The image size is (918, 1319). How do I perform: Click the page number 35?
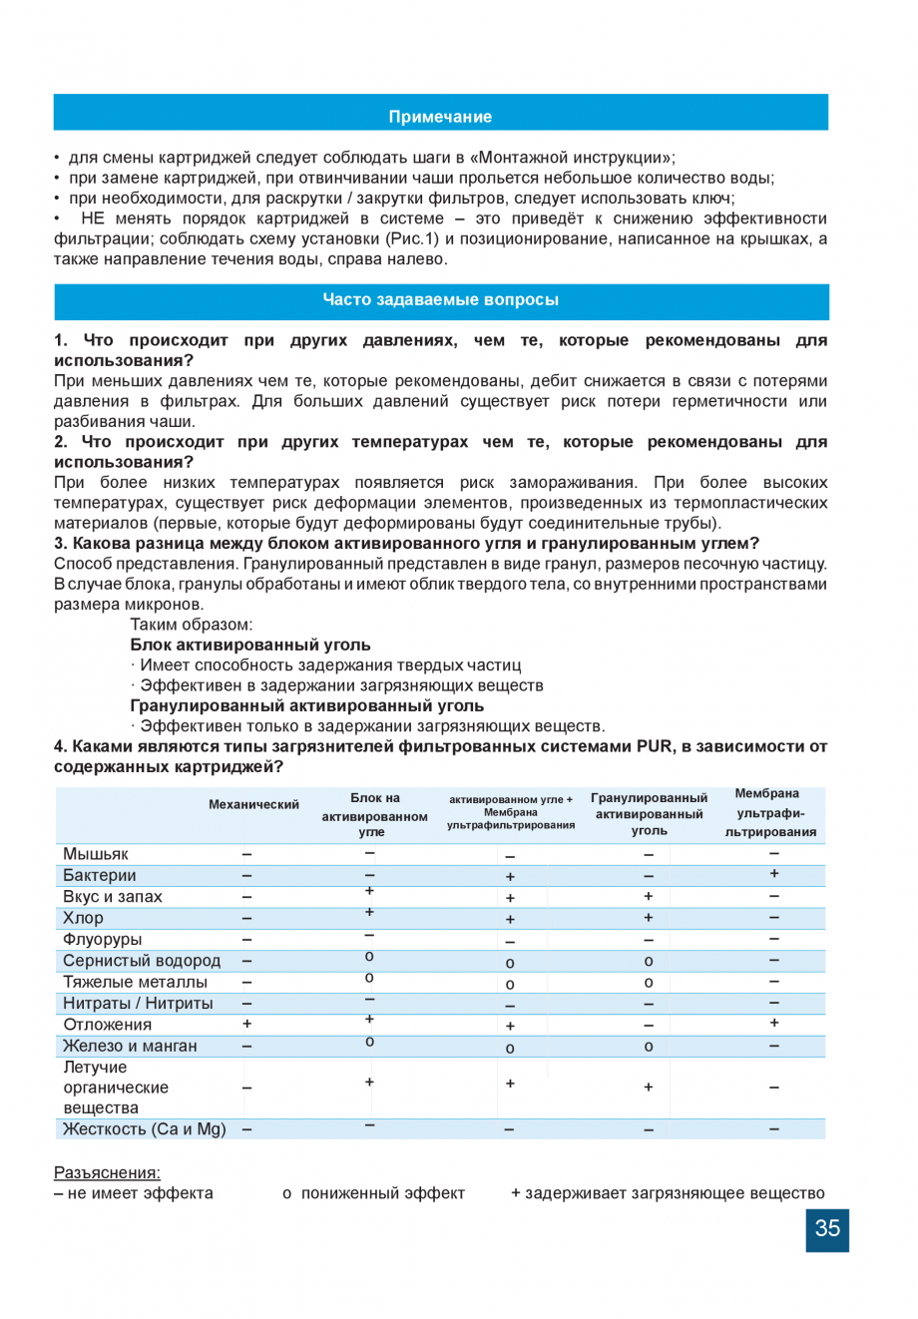(827, 1228)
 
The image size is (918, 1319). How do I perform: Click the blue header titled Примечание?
(440, 117)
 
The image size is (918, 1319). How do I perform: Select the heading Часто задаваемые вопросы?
(440, 299)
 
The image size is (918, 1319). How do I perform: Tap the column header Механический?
(253, 805)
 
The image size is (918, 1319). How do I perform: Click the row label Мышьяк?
(96, 854)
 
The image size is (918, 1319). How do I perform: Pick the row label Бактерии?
(100, 875)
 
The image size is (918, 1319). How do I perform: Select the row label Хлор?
(83, 918)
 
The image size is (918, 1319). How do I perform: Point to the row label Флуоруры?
(103, 939)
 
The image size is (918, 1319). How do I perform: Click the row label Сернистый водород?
(142, 961)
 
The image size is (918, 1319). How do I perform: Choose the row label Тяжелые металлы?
(136, 982)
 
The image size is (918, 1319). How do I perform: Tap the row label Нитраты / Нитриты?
(138, 1004)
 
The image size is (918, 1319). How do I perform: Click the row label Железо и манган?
(131, 1046)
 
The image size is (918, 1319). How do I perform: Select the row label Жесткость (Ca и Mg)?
(145, 1129)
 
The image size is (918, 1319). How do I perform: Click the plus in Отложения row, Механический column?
(246, 1024)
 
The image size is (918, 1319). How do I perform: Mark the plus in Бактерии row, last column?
(773, 874)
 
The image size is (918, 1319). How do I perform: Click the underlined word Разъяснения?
(107, 1172)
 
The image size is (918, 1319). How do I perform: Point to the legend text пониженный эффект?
(382, 1193)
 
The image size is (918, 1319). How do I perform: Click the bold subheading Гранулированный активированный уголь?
(306, 705)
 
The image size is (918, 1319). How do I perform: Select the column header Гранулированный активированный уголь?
(649, 814)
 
